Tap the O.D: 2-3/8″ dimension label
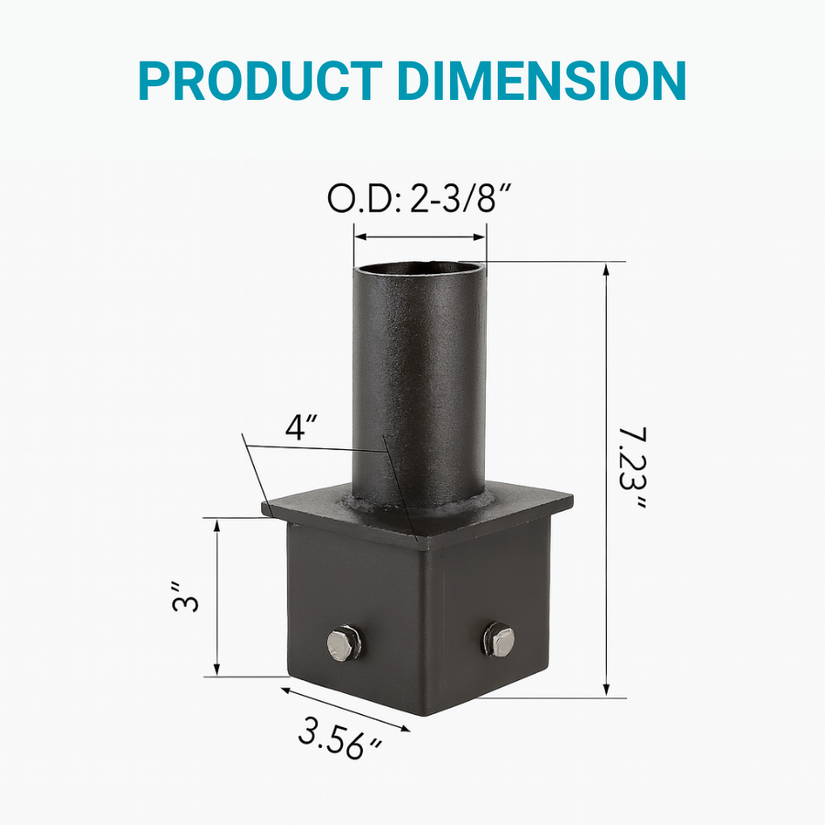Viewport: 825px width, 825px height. tap(419, 200)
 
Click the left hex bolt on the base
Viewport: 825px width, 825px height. tap(345, 643)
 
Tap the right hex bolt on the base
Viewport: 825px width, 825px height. tap(500, 638)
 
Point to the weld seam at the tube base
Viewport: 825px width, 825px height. tap(417, 505)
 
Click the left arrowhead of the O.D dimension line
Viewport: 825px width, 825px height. tap(358, 237)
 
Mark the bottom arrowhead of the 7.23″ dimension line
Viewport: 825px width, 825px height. tap(606, 694)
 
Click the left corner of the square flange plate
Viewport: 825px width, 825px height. tap(264, 505)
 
